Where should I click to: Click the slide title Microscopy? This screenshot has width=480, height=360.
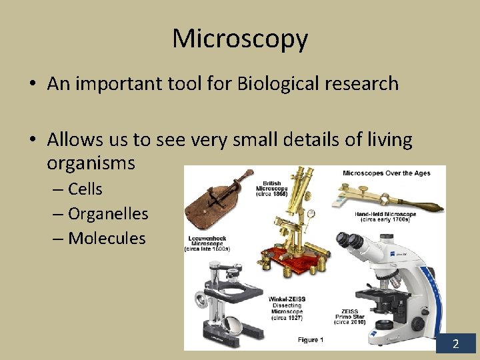240,39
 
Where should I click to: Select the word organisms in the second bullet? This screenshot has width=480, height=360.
91,163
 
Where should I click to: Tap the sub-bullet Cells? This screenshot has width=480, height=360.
85,189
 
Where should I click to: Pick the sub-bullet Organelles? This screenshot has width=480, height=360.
107,214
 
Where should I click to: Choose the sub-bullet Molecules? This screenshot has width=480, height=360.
106,238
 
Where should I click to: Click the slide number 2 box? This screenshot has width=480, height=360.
456,343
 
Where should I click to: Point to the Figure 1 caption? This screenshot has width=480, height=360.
310,340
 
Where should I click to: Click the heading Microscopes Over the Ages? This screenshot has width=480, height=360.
386,173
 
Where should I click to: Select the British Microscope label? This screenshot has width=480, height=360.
271,189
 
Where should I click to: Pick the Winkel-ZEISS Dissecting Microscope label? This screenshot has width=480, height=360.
286,309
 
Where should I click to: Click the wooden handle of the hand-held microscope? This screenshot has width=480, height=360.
423,205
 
